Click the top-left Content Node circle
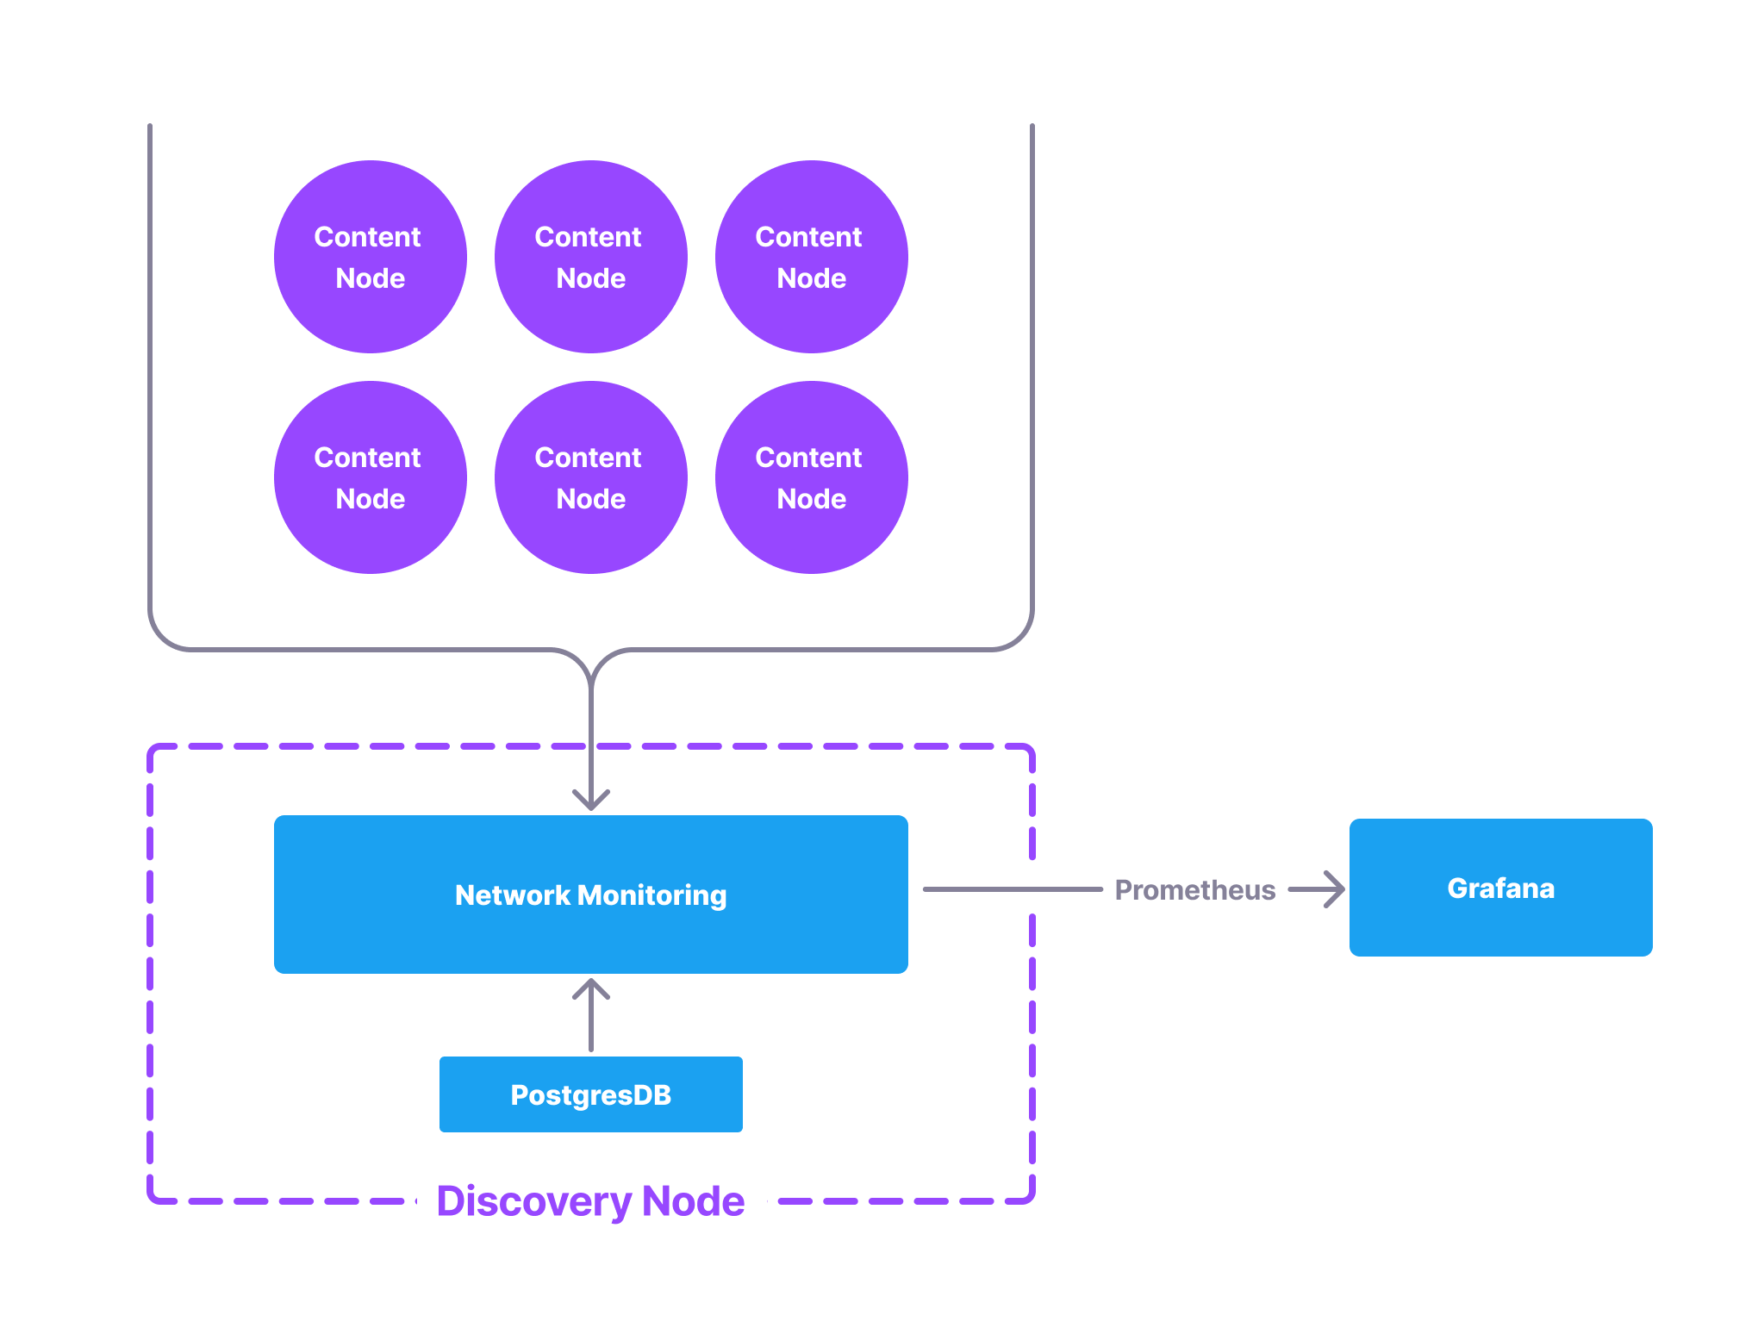pyautogui.click(x=370, y=257)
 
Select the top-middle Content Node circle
pyautogui.click(x=590, y=257)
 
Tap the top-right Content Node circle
pyautogui.click(x=811, y=257)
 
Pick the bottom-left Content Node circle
pyautogui.click(x=370, y=477)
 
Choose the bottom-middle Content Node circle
pyautogui.click(x=590, y=477)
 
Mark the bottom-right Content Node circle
pyautogui.click(x=811, y=477)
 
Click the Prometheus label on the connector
pyautogui.click(x=1194, y=889)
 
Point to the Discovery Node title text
pyautogui.click(x=590, y=1200)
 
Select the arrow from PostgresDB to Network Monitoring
pyautogui.click(x=591, y=1017)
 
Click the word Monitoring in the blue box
pyautogui.click(x=652, y=895)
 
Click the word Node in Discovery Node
pyautogui.click(x=693, y=1200)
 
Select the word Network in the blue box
pyautogui.click(x=513, y=895)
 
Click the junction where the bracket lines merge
pyautogui.click(x=591, y=681)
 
